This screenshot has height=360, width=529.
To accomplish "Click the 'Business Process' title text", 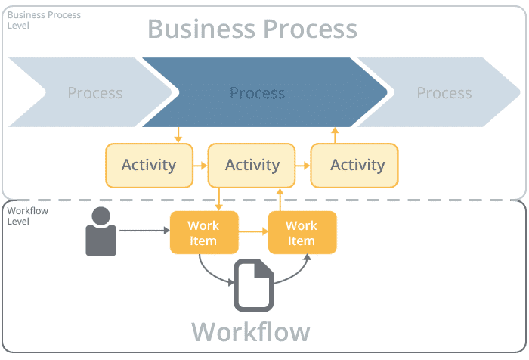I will pyautogui.click(x=252, y=29).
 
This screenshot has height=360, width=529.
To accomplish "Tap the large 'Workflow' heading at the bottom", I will pyautogui.click(x=250, y=331).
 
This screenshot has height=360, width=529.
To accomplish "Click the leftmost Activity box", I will pyautogui.click(x=148, y=165).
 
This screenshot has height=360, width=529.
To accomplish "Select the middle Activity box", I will pyautogui.click(x=252, y=165).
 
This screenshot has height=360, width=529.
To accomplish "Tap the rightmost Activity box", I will pyautogui.click(x=357, y=165).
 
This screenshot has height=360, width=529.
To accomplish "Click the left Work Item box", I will pyautogui.click(x=203, y=232).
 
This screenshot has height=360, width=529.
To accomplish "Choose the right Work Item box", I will pyautogui.click(x=302, y=232).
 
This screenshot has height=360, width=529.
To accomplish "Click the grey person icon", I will pyautogui.click(x=101, y=231).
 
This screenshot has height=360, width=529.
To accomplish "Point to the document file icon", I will pyautogui.click(x=253, y=285).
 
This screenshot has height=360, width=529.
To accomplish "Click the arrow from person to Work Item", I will pyautogui.click(x=144, y=231).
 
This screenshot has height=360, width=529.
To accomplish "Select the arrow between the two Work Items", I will pyautogui.click(x=253, y=232).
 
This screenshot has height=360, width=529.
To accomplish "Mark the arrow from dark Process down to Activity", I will pyautogui.click(x=178, y=135).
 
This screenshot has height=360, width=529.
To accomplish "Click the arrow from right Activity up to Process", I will pyautogui.click(x=336, y=135).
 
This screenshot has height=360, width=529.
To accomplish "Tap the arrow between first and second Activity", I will pyautogui.click(x=200, y=165).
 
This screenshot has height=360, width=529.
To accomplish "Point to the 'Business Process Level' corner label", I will pyautogui.click(x=44, y=20).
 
